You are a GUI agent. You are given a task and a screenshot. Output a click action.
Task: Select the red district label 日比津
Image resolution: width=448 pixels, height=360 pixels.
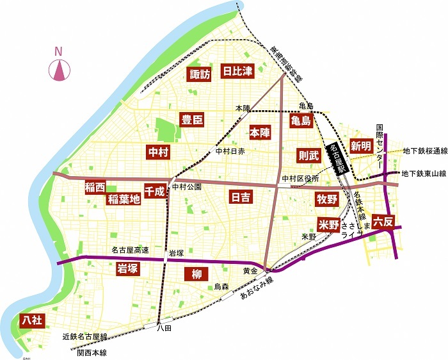click(x=237, y=71)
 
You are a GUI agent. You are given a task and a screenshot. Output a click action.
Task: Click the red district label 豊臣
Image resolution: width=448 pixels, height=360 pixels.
click(x=192, y=120)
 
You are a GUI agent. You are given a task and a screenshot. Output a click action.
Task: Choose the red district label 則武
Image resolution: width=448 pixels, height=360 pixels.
click(x=308, y=155)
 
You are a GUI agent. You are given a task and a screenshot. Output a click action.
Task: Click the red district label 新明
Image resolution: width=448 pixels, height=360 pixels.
click(x=361, y=146)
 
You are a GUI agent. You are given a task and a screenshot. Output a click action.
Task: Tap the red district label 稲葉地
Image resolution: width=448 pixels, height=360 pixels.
click(x=124, y=199)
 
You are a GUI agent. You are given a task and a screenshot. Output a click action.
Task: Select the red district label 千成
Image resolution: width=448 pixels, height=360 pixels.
click(x=155, y=191)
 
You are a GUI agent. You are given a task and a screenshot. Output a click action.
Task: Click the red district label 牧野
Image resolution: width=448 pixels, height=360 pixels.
click(x=326, y=199)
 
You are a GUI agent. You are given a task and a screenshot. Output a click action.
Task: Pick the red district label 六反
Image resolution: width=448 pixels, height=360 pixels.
click(x=383, y=222)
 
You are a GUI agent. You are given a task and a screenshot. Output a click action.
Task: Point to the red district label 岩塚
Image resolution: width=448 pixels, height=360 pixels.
click(x=127, y=269)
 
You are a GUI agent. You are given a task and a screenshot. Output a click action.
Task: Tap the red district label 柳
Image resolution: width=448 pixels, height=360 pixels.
click(x=196, y=275)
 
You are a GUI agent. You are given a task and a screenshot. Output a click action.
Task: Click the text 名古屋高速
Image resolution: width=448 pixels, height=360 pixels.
click(x=131, y=250)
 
